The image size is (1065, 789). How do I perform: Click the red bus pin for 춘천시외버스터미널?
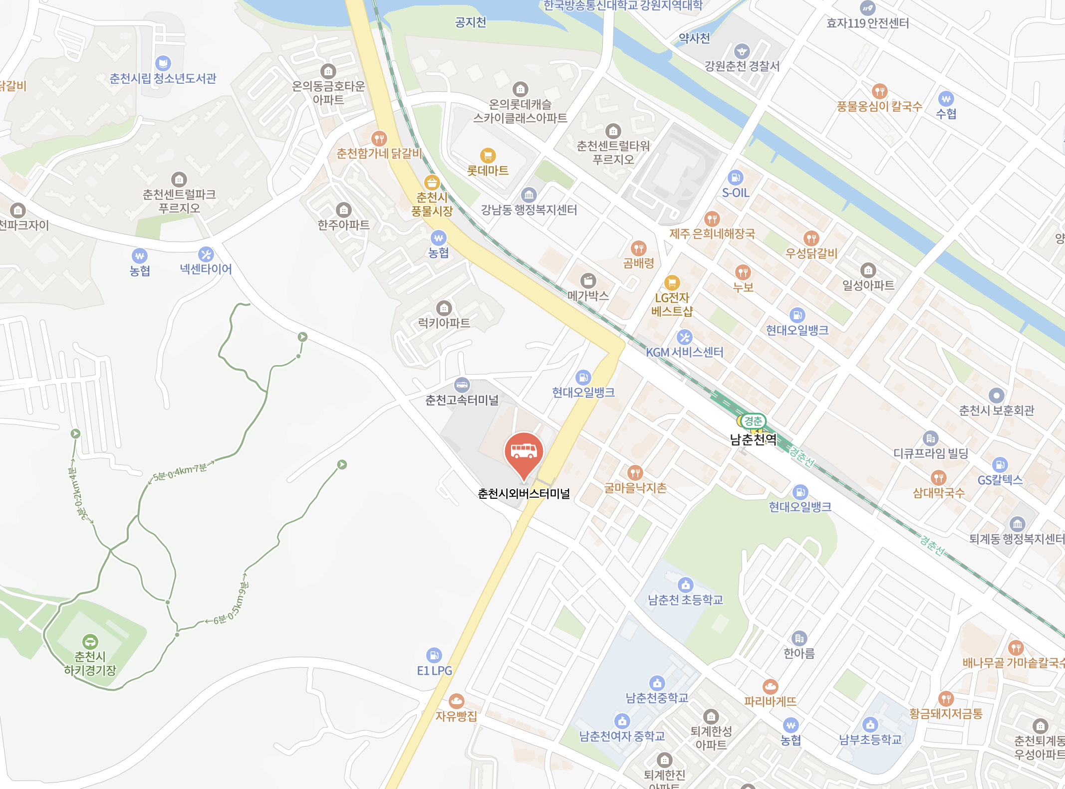coord(524,452)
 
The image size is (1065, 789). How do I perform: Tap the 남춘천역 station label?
coord(753,439)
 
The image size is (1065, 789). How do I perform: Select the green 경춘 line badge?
coord(753,421)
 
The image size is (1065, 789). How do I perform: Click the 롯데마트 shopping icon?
coord(488,156)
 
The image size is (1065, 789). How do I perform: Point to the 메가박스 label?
coord(588,296)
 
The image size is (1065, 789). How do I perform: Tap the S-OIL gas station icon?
coord(735,178)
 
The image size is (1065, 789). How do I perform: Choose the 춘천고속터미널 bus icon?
coord(462,385)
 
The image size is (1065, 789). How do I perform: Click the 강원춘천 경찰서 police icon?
coord(742,51)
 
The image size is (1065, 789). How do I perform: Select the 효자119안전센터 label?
coord(867,23)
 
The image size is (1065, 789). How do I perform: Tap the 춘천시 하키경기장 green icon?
coord(90,641)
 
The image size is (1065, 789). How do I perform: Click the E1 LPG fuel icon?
coord(434,655)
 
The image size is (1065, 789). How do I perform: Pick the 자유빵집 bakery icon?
coord(456,701)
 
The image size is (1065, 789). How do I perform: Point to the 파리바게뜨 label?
coord(770,702)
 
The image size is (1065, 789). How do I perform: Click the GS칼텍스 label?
coord(1000,480)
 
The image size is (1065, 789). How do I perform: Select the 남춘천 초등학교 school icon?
coord(685,585)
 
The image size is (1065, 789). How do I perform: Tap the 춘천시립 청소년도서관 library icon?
coord(163,63)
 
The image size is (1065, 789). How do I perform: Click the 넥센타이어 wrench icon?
coord(206,254)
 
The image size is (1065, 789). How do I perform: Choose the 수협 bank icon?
coord(946,99)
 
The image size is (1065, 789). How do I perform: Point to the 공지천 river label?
coord(470,22)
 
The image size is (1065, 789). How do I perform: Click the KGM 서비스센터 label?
coord(685,352)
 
